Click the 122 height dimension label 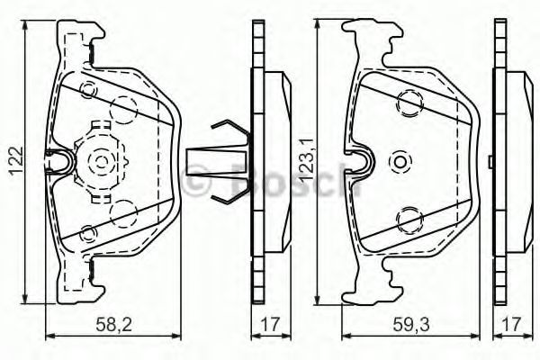(17, 161)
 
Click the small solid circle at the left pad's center (101, 161)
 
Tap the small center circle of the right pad (400, 161)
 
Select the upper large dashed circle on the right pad (409, 102)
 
